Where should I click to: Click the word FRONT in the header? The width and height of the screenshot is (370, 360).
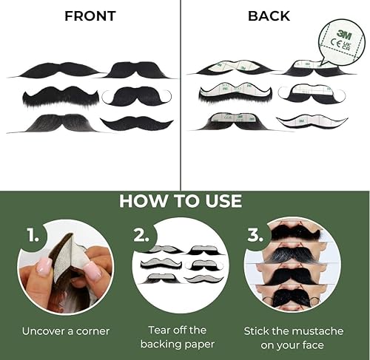90,16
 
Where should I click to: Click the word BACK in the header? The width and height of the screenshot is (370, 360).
269,16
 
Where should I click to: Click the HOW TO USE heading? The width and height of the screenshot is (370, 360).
181,200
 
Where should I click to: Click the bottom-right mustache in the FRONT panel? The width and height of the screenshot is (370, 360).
137,123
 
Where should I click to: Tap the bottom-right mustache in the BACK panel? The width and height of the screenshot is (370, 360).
312,120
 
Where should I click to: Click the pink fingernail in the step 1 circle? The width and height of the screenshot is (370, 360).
44,267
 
